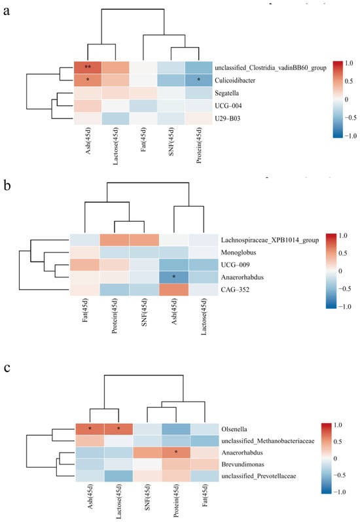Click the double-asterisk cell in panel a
(x=88, y=67)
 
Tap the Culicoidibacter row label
(x=235, y=80)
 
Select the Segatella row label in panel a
(x=226, y=93)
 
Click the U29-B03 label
(x=227, y=118)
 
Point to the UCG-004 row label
(x=228, y=106)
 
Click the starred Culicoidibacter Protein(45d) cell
(x=198, y=80)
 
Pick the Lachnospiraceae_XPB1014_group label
(x=270, y=240)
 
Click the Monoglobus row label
(x=238, y=252)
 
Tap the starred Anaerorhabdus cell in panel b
(x=174, y=277)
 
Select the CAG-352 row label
(x=235, y=290)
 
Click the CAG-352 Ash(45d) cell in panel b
(x=174, y=290)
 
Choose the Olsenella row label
(x=234, y=430)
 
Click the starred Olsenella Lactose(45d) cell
(x=118, y=430)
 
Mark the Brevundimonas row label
(x=242, y=464)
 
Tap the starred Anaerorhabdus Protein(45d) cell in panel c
(x=176, y=453)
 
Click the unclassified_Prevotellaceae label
(x=259, y=476)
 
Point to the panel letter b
(x=7, y=185)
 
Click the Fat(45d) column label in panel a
(x=143, y=139)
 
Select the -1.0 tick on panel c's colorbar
(x=339, y=492)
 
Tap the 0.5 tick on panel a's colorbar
(x=348, y=81)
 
